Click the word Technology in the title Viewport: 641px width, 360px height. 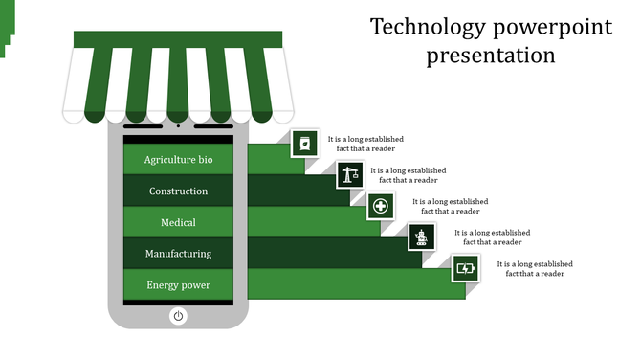(x=417, y=27)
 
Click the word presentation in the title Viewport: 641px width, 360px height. (x=491, y=56)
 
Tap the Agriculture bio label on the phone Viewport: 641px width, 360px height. (x=178, y=160)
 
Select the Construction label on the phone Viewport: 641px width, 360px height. (x=178, y=191)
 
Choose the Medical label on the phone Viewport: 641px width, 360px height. (x=178, y=222)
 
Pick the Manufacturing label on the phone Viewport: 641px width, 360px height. (x=178, y=254)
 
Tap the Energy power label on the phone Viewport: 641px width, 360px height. (x=178, y=285)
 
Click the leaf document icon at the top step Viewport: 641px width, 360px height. (x=305, y=144)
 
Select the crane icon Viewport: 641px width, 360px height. (x=349, y=175)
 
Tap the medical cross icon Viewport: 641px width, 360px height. (x=381, y=206)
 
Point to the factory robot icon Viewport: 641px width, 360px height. (x=422, y=236)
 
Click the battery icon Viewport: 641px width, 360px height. (x=465, y=268)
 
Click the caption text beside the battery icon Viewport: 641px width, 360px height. (x=534, y=268)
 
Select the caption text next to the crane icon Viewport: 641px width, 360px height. (x=408, y=175)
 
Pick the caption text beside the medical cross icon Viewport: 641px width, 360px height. (x=450, y=206)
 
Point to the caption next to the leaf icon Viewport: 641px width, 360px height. (x=365, y=144)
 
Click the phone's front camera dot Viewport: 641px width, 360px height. (x=178, y=125)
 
